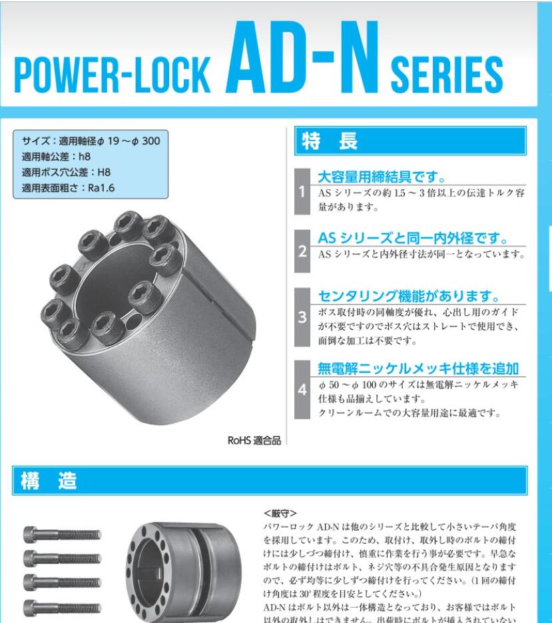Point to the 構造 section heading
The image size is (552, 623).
[x=59, y=480]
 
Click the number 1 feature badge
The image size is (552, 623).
[x=302, y=193]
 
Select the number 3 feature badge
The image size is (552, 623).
[x=302, y=317]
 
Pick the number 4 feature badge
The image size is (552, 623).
[x=302, y=390]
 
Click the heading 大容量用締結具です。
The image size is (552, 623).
[x=381, y=177]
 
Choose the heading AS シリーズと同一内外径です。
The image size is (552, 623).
[x=413, y=238]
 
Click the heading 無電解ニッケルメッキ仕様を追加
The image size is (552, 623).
[x=418, y=368]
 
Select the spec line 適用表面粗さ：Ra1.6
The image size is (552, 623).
[x=69, y=188]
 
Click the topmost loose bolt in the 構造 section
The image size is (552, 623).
[x=63, y=534]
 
